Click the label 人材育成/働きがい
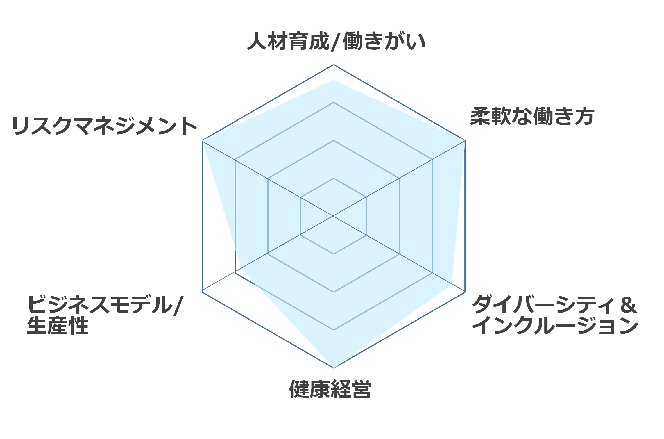point(336,42)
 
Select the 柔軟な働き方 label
point(532,117)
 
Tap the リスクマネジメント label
point(105,126)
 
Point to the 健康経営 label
point(330,389)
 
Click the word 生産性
point(58,326)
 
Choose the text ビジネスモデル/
point(105,305)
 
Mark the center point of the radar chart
point(334,216)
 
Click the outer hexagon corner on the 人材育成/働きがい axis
point(334,65)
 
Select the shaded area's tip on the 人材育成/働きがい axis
point(334,80)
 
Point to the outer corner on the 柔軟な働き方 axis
point(465,141)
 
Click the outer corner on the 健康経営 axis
point(334,368)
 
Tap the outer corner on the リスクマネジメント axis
point(202,141)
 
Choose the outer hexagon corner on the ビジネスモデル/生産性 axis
point(202,292)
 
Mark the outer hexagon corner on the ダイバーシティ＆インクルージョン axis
point(465,292)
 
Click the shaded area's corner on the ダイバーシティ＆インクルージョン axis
point(452,284)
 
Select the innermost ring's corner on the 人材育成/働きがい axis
point(334,178)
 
